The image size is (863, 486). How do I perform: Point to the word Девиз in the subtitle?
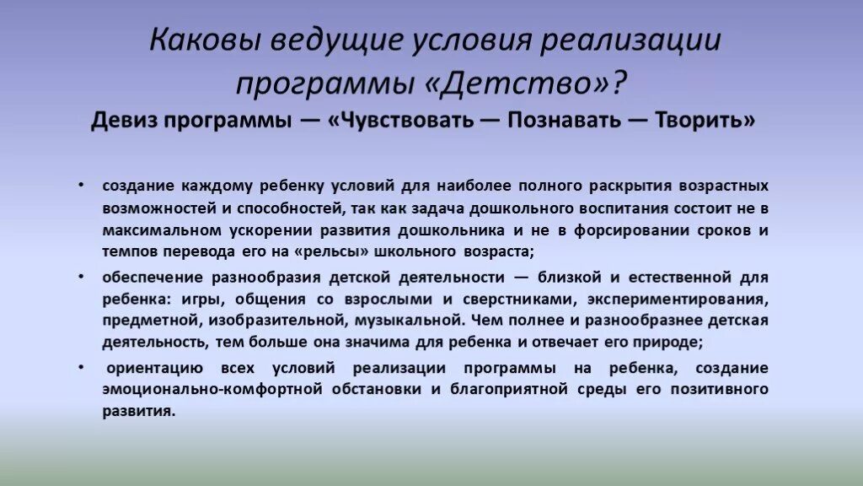pos(124,121)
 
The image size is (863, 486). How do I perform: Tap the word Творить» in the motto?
pos(706,121)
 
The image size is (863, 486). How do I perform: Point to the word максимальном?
pos(156,229)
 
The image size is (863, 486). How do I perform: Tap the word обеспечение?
pos(152,278)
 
